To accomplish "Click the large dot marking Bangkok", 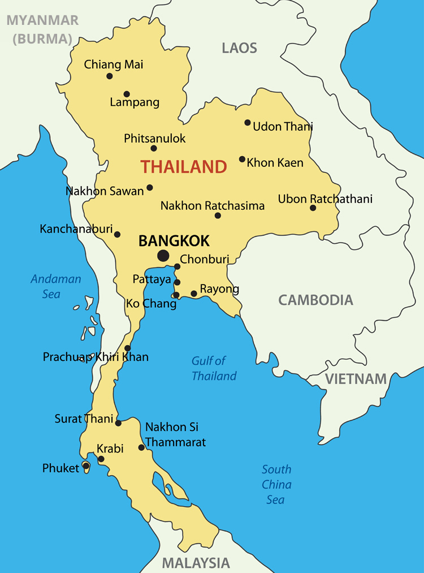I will [x=163, y=256].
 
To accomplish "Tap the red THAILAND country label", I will [x=184, y=167].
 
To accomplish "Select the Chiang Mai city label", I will [x=114, y=64].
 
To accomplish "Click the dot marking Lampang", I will [x=127, y=94].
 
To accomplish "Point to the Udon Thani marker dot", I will [x=248, y=122].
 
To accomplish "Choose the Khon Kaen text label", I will [x=275, y=163].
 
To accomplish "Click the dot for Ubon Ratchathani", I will [x=313, y=208].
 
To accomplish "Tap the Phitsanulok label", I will [x=155, y=139].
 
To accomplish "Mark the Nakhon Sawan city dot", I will [x=150, y=187].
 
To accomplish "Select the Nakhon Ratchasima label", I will [x=213, y=206].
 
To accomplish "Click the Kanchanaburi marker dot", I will [x=117, y=234].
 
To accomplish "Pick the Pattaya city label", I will [x=152, y=279].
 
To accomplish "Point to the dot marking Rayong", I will [x=194, y=294].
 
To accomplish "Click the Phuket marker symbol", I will [x=86, y=466].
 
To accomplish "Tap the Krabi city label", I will [x=110, y=449].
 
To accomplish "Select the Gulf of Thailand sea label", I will [x=214, y=368].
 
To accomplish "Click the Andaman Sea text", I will [x=55, y=286].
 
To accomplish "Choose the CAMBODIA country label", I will [x=315, y=300].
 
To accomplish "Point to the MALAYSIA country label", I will [x=196, y=563].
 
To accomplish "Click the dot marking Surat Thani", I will [x=118, y=423].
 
